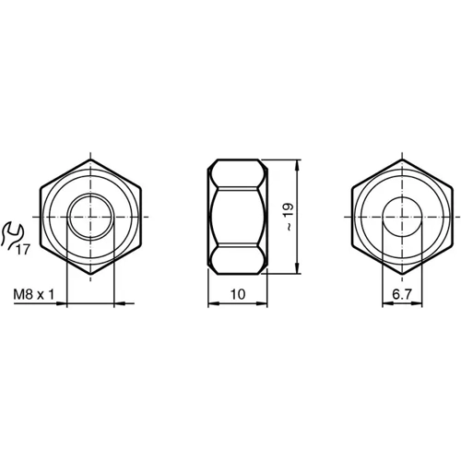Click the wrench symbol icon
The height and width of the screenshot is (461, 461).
tap(12, 234)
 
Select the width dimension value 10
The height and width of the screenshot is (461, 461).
tap(236, 294)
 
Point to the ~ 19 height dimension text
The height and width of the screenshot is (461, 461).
tap(289, 218)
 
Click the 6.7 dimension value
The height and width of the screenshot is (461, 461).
tap(403, 294)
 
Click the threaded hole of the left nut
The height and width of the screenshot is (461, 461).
tap(90, 218)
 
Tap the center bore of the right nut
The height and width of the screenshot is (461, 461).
tap(404, 218)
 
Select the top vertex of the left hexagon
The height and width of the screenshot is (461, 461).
tap(90, 160)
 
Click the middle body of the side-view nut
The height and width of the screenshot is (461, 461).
tap(236, 218)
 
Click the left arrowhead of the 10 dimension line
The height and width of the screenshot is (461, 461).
tap(209, 303)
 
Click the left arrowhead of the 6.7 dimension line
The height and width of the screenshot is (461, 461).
tap(385, 303)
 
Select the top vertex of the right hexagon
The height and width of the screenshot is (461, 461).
tap(404, 160)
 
